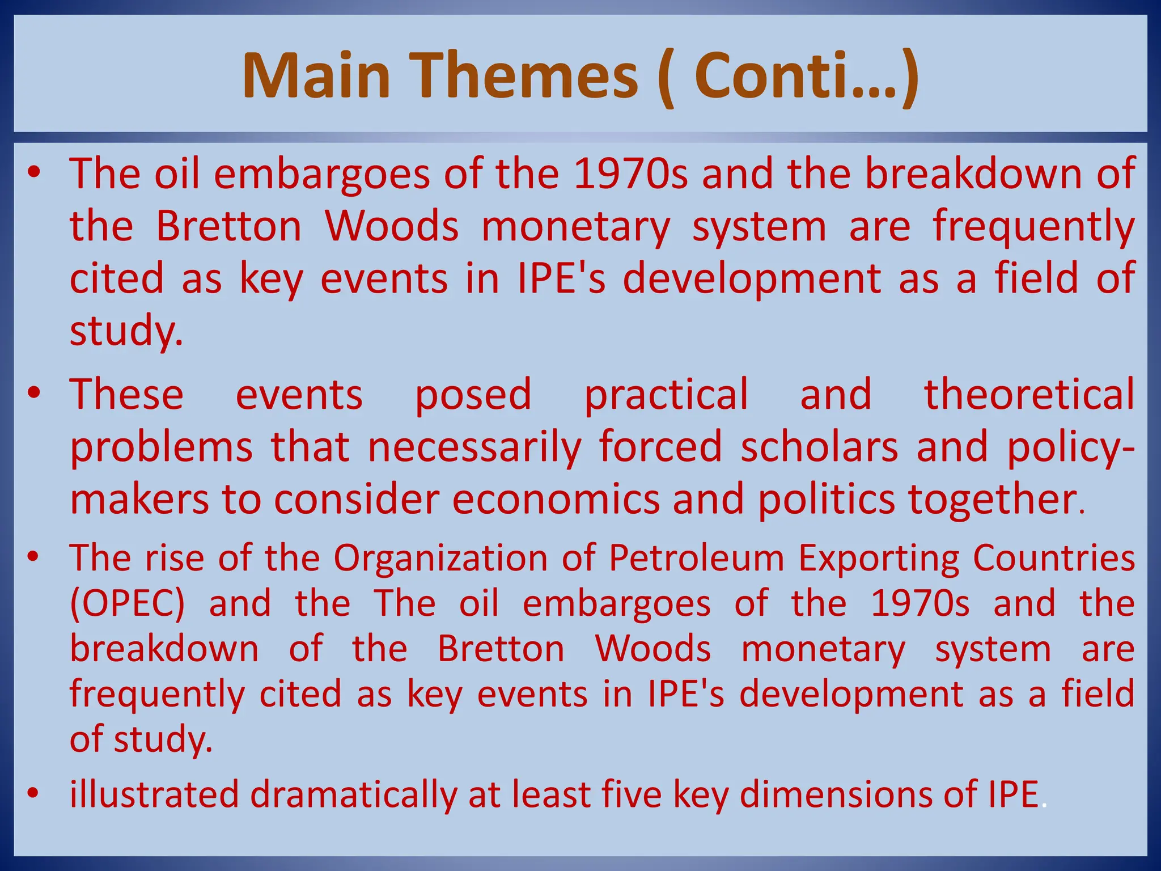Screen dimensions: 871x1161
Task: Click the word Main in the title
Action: coord(316,76)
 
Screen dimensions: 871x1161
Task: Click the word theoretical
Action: coord(1029,394)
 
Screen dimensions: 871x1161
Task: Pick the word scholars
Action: coord(819,447)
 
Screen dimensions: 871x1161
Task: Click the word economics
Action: coord(556,500)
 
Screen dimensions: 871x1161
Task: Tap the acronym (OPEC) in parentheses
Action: coord(128,603)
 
